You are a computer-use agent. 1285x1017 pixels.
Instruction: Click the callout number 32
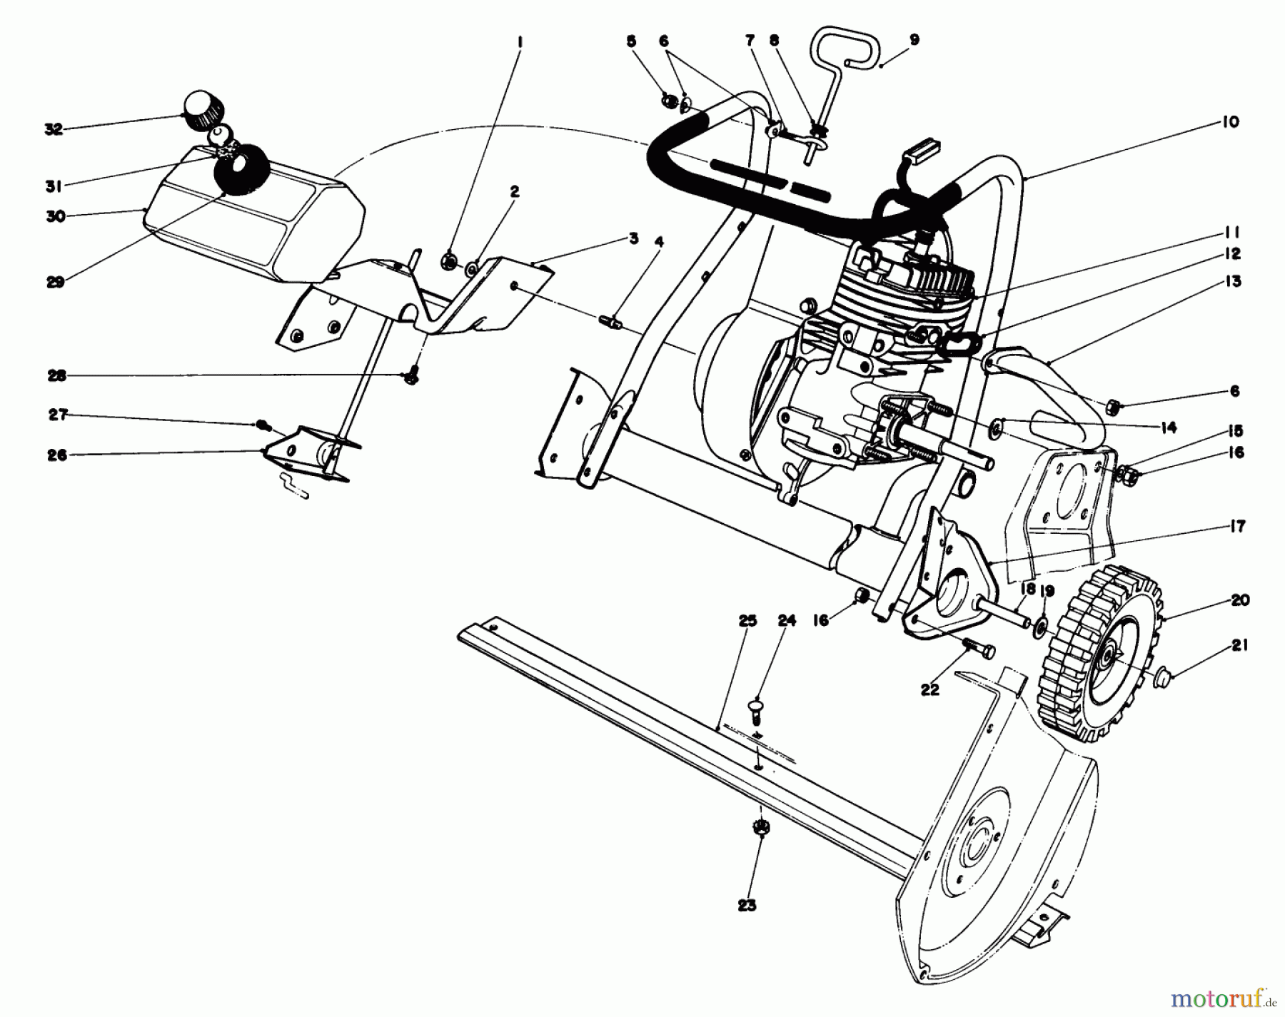[x=54, y=129]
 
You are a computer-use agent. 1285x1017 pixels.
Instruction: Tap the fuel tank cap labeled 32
[x=203, y=111]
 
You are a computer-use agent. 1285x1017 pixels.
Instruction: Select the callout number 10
[x=1229, y=121]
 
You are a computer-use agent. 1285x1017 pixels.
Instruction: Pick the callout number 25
[x=747, y=621]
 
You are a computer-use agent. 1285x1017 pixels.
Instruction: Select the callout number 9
[x=915, y=40]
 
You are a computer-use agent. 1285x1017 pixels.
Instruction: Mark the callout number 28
[x=57, y=375]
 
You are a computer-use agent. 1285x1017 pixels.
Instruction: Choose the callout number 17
[x=1237, y=526]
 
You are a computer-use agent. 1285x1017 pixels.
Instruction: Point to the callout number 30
[x=56, y=216]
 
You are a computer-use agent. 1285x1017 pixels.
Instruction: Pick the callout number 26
[x=57, y=455]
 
